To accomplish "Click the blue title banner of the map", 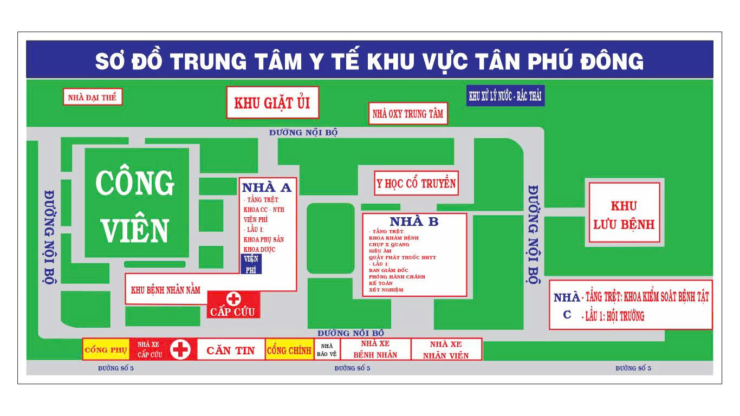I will click(x=369, y=60).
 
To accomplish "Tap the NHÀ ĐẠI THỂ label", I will click(x=92, y=97).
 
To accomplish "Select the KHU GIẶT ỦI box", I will click(x=272, y=102).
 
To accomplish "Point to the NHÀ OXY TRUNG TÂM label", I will click(x=408, y=114).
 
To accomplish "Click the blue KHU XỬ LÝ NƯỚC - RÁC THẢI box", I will click(x=505, y=96).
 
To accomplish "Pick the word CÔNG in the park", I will click(x=135, y=184).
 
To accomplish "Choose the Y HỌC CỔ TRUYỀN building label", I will click(x=416, y=184).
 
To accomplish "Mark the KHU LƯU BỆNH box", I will click(x=624, y=214).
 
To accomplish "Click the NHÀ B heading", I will click(x=414, y=221).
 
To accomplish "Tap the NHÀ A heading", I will click(x=267, y=187).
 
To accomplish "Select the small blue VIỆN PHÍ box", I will click(x=251, y=264).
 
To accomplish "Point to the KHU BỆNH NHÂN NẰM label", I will click(x=166, y=290).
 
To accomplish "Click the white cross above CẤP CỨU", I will click(x=233, y=298).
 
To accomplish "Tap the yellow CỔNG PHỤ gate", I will click(x=106, y=350).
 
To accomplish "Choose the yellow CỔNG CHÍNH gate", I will click(x=289, y=350).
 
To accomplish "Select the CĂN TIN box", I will click(x=231, y=350).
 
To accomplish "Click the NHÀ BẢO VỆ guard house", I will click(x=327, y=350).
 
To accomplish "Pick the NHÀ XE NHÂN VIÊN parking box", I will click(x=446, y=350).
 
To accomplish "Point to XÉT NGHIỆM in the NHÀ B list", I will click(x=386, y=290).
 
